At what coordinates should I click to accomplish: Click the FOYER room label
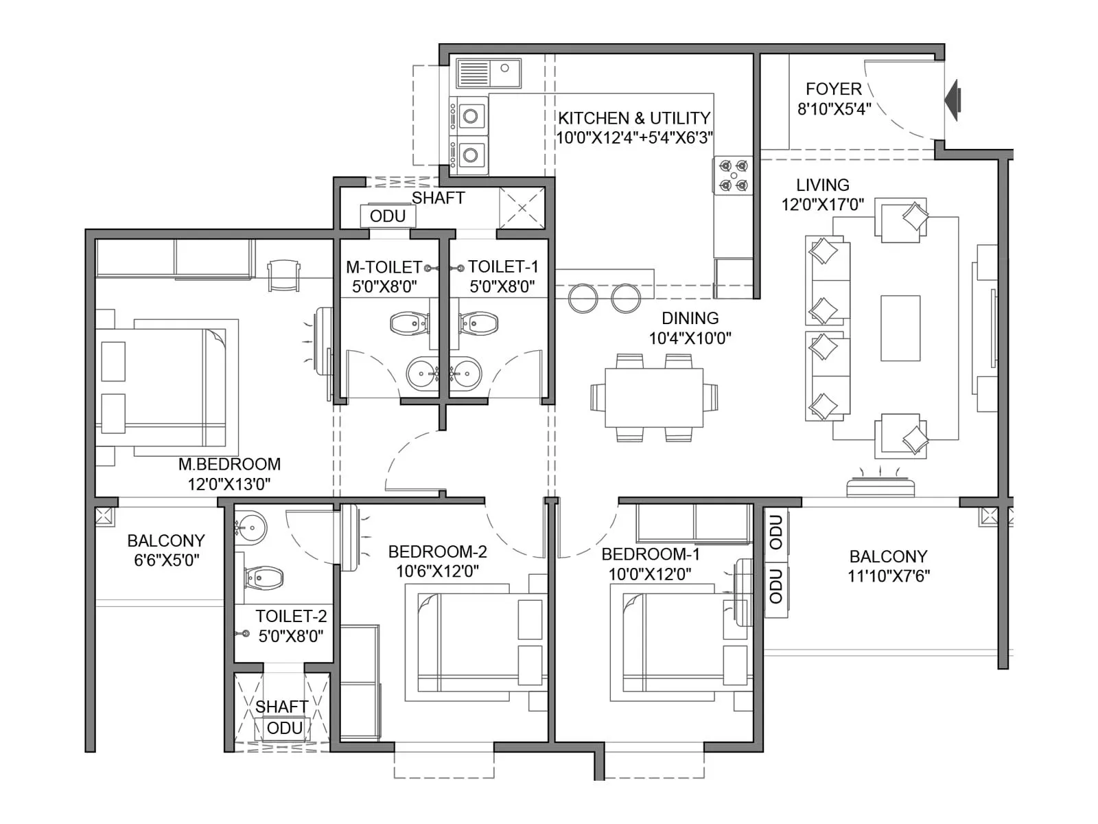[833, 89]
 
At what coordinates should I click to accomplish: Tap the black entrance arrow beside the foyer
[953, 100]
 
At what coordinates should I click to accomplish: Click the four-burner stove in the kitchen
[733, 175]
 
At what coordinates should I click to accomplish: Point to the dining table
[654, 398]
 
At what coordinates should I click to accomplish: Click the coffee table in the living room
[900, 328]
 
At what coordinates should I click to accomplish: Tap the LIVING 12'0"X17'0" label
[822, 194]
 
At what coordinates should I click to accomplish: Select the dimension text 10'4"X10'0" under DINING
[690, 338]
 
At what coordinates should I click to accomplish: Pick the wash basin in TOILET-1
[467, 374]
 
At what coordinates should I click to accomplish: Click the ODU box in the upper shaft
[388, 216]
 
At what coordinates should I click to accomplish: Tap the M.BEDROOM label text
[229, 464]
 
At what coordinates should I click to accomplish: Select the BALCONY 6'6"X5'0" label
[166, 550]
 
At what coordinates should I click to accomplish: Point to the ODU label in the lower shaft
[284, 728]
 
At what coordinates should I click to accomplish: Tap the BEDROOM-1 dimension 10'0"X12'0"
[649, 573]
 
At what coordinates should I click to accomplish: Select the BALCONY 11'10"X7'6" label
[888, 566]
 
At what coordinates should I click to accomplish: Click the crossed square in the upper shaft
[522, 208]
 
